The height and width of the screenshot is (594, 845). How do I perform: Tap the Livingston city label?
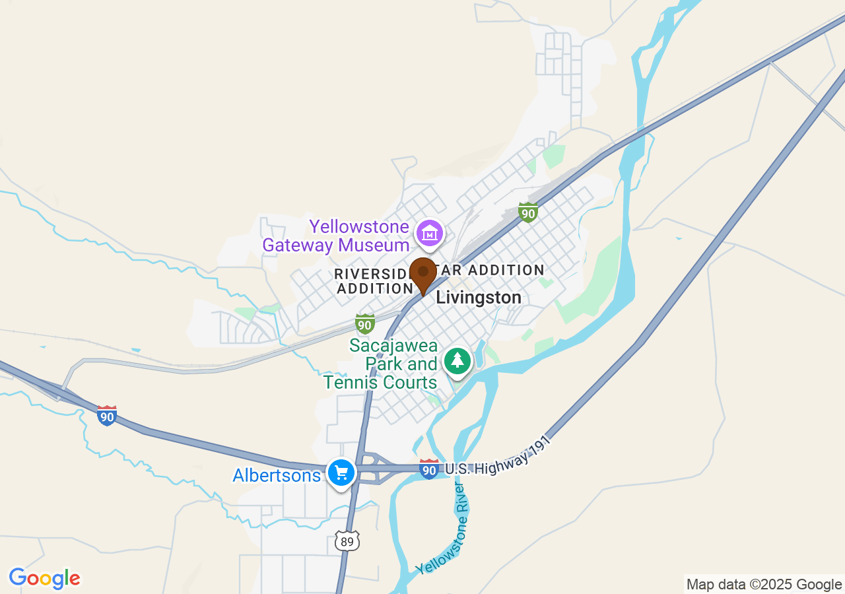(479, 298)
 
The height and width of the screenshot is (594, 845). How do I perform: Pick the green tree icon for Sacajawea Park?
(457, 360)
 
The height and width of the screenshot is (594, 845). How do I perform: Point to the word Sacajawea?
(393, 345)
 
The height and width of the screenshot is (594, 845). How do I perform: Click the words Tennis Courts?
(380, 382)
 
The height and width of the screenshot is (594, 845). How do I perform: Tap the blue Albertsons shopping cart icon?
(341, 473)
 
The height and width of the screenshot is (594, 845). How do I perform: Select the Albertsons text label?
(277, 475)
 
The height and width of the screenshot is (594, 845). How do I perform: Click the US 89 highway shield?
(347, 541)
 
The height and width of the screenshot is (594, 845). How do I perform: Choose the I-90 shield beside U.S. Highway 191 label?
(429, 469)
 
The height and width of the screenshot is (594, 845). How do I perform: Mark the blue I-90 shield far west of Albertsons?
(107, 416)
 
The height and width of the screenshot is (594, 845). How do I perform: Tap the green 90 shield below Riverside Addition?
(365, 323)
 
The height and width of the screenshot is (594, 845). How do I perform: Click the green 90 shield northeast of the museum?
(527, 213)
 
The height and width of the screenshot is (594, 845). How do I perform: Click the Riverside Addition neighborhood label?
(374, 281)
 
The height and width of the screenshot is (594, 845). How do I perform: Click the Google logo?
(44, 578)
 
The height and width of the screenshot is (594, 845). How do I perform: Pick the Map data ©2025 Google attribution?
(764, 584)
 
